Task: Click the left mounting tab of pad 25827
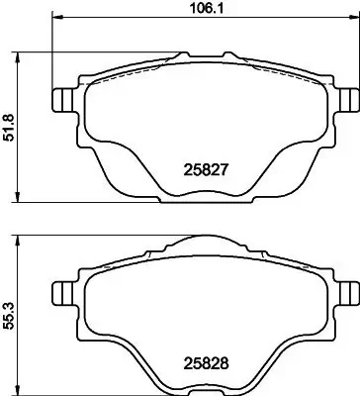(61, 101)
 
